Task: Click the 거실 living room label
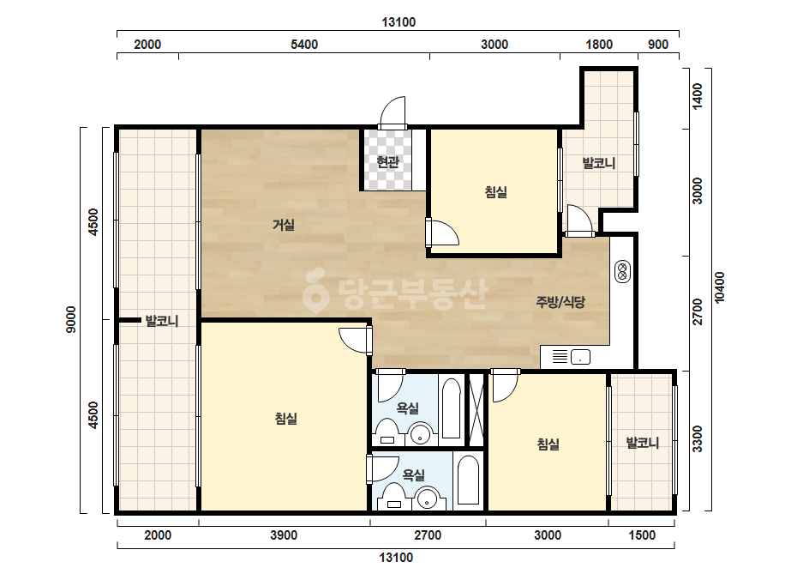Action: click(284, 224)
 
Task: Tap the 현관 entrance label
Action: click(388, 161)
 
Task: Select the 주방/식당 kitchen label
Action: click(560, 302)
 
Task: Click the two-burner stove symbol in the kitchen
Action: click(622, 271)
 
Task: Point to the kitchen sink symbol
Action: click(580, 357)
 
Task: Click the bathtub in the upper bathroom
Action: click(451, 408)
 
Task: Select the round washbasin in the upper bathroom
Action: click(421, 434)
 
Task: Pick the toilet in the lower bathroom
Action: click(393, 497)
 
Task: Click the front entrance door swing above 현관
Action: click(393, 112)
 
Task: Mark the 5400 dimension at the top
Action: click(304, 45)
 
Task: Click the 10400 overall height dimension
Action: click(719, 287)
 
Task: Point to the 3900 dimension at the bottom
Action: click(284, 535)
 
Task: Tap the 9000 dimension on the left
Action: click(71, 319)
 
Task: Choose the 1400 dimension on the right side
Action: click(697, 96)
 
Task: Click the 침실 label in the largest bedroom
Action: click(285, 419)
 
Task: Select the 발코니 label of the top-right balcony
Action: click(599, 163)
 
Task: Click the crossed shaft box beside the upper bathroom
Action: click(476, 409)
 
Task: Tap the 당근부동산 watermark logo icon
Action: click(316, 289)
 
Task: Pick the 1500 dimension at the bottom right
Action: click(642, 535)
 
